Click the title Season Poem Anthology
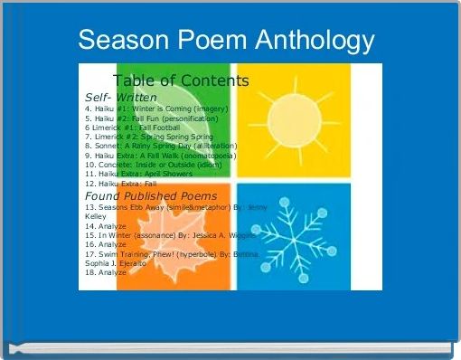point(226,40)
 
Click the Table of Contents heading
point(181,81)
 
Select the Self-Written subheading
point(121,97)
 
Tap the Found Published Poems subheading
point(151,195)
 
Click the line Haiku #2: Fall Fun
point(152,118)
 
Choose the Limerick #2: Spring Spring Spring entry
point(149,137)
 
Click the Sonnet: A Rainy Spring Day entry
point(161,146)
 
